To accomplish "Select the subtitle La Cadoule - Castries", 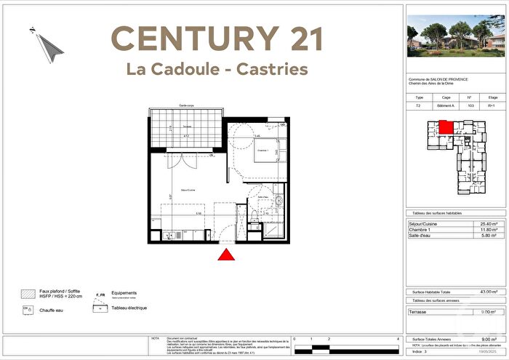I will tap(217, 70).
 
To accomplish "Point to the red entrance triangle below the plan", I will tap(226, 255).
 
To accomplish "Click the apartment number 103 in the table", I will tap(469, 105).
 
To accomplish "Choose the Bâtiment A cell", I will tap(445, 105).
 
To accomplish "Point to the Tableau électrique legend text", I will tap(129, 308).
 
